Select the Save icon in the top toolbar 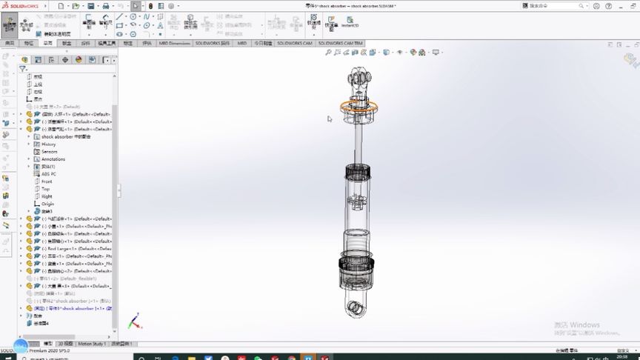click(x=90, y=6)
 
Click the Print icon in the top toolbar click(x=106, y=6)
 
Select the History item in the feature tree click(x=49, y=144)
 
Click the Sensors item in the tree click(x=50, y=151)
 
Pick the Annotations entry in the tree click(x=53, y=159)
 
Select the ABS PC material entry click(x=49, y=174)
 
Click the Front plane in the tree click(x=47, y=181)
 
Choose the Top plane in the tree click(x=45, y=189)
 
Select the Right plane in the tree click(x=47, y=196)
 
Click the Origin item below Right click(x=47, y=204)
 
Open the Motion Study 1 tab click(x=92, y=344)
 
